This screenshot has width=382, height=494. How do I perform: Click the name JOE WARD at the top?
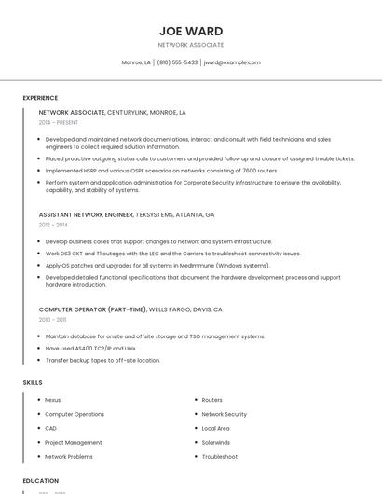pyautogui.click(x=191, y=31)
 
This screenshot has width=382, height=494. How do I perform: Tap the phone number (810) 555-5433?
pyautogui.click(x=177, y=62)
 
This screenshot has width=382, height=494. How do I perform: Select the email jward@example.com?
pyautogui.click(x=232, y=62)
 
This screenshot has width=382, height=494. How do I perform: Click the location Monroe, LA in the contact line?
pyautogui.click(x=136, y=62)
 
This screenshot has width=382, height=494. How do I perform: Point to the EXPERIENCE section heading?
pyautogui.click(x=40, y=98)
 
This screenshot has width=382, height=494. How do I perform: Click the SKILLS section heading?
pyautogui.click(x=33, y=382)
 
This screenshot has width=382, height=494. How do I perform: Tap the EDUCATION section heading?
pyautogui.click(x=40, y=481)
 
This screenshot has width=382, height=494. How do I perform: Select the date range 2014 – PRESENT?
pyautogui.click(x=59, y=122)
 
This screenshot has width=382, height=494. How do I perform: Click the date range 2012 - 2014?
pyautogui.click(x=53, y=225)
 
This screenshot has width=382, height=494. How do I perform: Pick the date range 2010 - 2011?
pyautogui.click(x=52, y=319)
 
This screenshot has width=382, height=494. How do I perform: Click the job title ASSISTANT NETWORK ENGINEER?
pyautogui.click(x=86, y=214)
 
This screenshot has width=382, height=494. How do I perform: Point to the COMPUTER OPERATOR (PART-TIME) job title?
pyautogui.click(x=91, y=309)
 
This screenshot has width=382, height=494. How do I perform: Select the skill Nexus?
pyautogui.click(x=53, y=400)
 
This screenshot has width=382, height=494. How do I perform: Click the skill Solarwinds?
pyautogui.click(x=215, y=442)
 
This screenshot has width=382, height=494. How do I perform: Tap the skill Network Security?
pyautogui.click(x=224, y=414)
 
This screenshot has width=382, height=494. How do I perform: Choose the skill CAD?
pyautogui.click(x=51, y=428)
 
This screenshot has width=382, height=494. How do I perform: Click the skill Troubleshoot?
pyautogui.click(x=220, y=457)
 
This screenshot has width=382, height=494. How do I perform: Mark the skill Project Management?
pyautogui.click(x=74, y=442)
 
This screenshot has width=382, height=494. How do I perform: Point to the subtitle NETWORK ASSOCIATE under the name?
pyautogui.click(x=191, y=45)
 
